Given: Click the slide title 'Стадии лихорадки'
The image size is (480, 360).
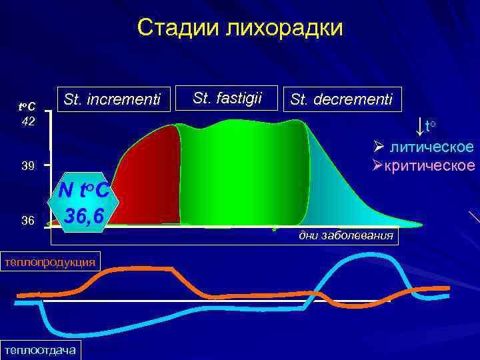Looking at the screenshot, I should [x=240, y=28].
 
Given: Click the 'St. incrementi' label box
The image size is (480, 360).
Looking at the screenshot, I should [x=112, y=99].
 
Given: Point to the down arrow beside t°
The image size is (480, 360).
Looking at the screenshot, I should [x=418, y=126].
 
